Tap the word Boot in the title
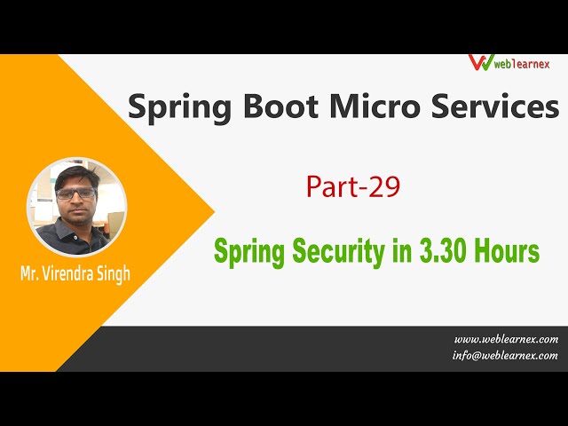[273, 107]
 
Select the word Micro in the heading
[368, 107]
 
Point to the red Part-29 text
[353, 187]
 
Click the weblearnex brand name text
[524, 63]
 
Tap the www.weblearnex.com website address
[506, 339]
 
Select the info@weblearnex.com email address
[506, 355]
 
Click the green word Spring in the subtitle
[245, 252]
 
